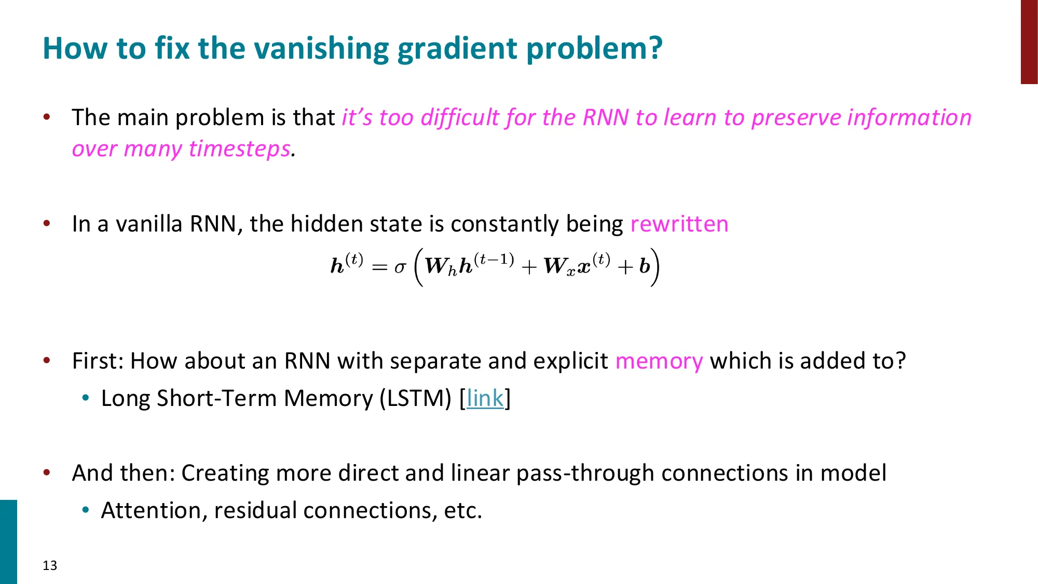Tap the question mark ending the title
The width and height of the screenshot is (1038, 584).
655,48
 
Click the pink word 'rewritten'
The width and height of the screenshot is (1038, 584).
679,224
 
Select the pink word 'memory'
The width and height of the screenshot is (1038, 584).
659,361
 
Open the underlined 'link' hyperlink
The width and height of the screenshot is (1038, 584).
485,399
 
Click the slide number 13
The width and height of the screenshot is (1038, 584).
50,565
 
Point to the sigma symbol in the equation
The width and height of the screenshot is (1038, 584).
400,268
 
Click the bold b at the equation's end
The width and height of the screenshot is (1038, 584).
644,267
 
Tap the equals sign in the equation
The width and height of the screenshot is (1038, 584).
379,268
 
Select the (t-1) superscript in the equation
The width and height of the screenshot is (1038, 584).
494,259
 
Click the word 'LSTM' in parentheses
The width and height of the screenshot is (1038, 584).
415,399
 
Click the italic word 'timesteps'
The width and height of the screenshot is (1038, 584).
239,149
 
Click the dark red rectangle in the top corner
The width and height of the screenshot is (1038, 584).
1029,42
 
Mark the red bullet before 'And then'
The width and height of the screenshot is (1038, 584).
47,472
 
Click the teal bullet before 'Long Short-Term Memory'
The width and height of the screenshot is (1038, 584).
86,398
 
